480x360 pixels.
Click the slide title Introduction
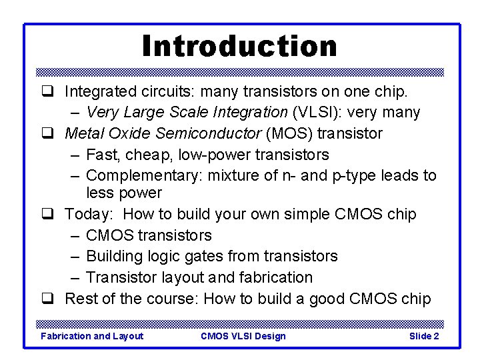point(239,46)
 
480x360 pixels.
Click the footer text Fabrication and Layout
point(92,336)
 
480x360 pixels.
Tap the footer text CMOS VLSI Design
point(243,336)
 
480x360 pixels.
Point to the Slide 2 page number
point(423,336)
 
